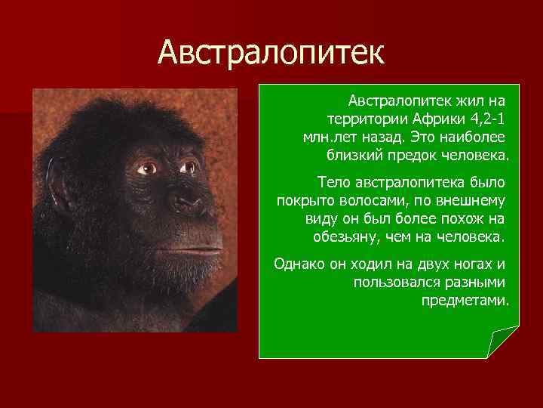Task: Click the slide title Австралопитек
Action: (x=271, y=53)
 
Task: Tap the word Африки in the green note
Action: (x=439, y=119)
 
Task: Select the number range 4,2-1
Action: (x=486, y=119)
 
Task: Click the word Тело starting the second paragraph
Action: (x=333, y=182)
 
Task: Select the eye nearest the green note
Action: (x=186, y=167)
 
